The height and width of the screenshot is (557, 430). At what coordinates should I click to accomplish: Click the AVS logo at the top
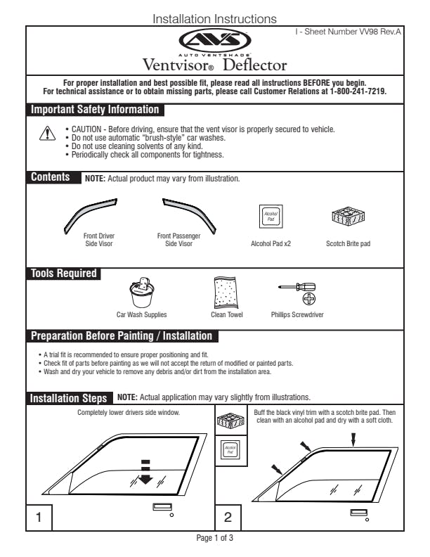214,40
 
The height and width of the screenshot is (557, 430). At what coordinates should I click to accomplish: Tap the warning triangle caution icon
47,134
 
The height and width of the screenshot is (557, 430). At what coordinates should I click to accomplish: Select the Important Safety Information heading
95,110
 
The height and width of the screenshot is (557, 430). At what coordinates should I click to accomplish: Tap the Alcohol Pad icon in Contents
271,217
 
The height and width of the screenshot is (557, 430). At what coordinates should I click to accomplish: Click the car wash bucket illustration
142,293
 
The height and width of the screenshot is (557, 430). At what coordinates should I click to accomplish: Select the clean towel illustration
227,292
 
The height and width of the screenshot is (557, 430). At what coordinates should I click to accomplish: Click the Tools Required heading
63,274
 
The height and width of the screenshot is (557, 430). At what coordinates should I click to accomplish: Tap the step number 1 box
39,518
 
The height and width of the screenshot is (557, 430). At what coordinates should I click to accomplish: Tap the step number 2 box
228,518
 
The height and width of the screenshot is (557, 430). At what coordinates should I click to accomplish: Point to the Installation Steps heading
69,398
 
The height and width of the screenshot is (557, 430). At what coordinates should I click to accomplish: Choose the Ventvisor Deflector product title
214,65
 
